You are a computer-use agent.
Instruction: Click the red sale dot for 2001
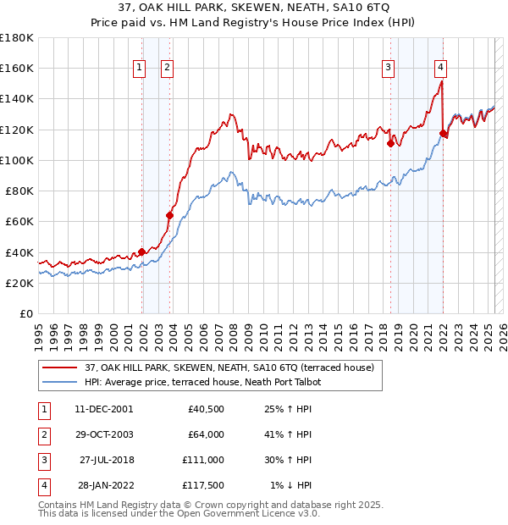pyautogui.click(x=141, y=251)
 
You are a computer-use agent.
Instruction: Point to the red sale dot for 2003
pyautogui.click(x=169, y=215)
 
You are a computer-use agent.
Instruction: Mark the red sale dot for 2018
pyautogui.click(x=390, y=143)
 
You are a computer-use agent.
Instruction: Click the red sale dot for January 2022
pyautogui.click(x=443, y=133)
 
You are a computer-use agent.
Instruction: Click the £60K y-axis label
pyautogui.click(x=19, y=221)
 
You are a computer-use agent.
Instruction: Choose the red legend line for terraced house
pyautogui.click(x=58, y=368)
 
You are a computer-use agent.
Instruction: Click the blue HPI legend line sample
pyautogui.click(x=58, y=382)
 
